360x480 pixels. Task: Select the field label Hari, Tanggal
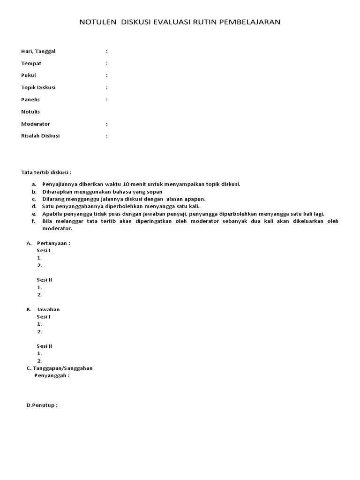[38, 51]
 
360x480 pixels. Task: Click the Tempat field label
[31, 63]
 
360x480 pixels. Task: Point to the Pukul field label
[29, 75]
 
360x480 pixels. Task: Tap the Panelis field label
[30, 100]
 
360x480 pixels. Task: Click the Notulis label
[30, 112]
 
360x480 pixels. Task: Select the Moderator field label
[36, 124]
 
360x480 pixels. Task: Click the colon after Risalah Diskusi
[107, 136]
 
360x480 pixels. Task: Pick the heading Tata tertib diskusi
[46, 172]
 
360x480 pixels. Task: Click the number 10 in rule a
[119, 184]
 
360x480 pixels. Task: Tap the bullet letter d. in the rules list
[34, 206]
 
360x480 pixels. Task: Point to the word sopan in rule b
[154, 192]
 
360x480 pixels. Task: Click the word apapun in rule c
[195, 199]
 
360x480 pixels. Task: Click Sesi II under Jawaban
[45, 346]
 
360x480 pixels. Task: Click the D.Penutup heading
[42, 405]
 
